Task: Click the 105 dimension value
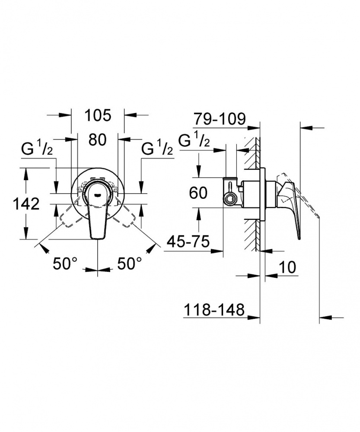click(98, 115)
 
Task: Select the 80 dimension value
click(97, 140)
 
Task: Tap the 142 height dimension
click(26, 204)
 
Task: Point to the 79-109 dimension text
click(219, 119)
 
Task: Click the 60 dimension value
click(198, 193)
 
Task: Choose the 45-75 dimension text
click(189, 242)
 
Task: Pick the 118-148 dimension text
click(214, 310)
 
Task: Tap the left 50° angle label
click(65, 264)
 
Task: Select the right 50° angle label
click(130, 264)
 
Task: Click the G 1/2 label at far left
click(37, 149)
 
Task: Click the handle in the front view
click(98, 210)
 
